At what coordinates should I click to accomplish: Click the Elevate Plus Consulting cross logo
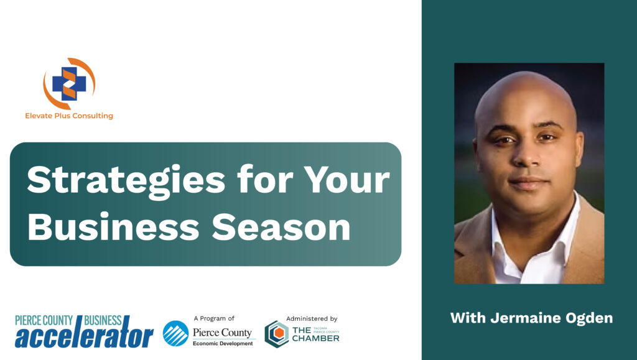coord(69,83)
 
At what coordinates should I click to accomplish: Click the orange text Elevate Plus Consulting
coord(69,116)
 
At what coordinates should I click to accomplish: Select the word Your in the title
coord(347,179)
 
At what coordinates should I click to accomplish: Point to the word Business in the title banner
coord(113,226)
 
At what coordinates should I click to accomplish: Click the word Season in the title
coord(281,226)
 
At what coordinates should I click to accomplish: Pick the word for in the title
coord(265,179)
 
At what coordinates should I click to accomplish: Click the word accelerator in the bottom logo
coord(84,335)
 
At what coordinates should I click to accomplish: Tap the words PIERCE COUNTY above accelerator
coord(44,321)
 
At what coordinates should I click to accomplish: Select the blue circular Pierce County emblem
coord(176,334)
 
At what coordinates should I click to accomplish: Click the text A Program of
coord(214,318)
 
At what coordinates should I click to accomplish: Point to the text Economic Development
coord(223,343)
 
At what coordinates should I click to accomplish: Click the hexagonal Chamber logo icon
coord(277,334)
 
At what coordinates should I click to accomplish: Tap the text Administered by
coord(312,318)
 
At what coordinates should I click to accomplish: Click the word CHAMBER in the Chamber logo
coord(315,338)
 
